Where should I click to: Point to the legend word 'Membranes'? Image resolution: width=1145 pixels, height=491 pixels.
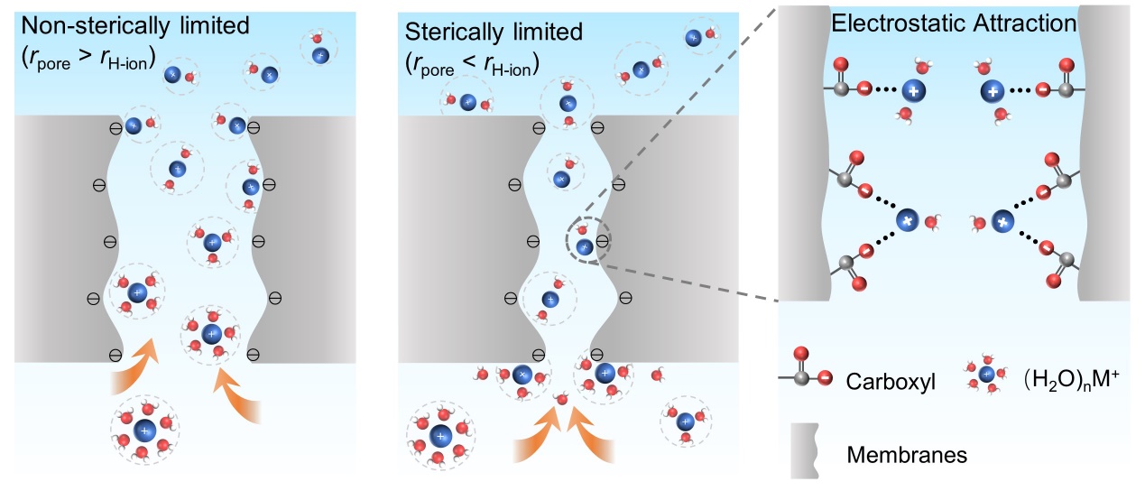907,455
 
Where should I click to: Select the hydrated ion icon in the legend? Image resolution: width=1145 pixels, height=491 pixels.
986,374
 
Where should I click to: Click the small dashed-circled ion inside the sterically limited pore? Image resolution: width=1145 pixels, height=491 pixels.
584,245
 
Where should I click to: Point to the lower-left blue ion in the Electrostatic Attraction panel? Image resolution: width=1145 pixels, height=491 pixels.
907,220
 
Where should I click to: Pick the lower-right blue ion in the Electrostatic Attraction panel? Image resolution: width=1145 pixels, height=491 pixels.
1000,220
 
